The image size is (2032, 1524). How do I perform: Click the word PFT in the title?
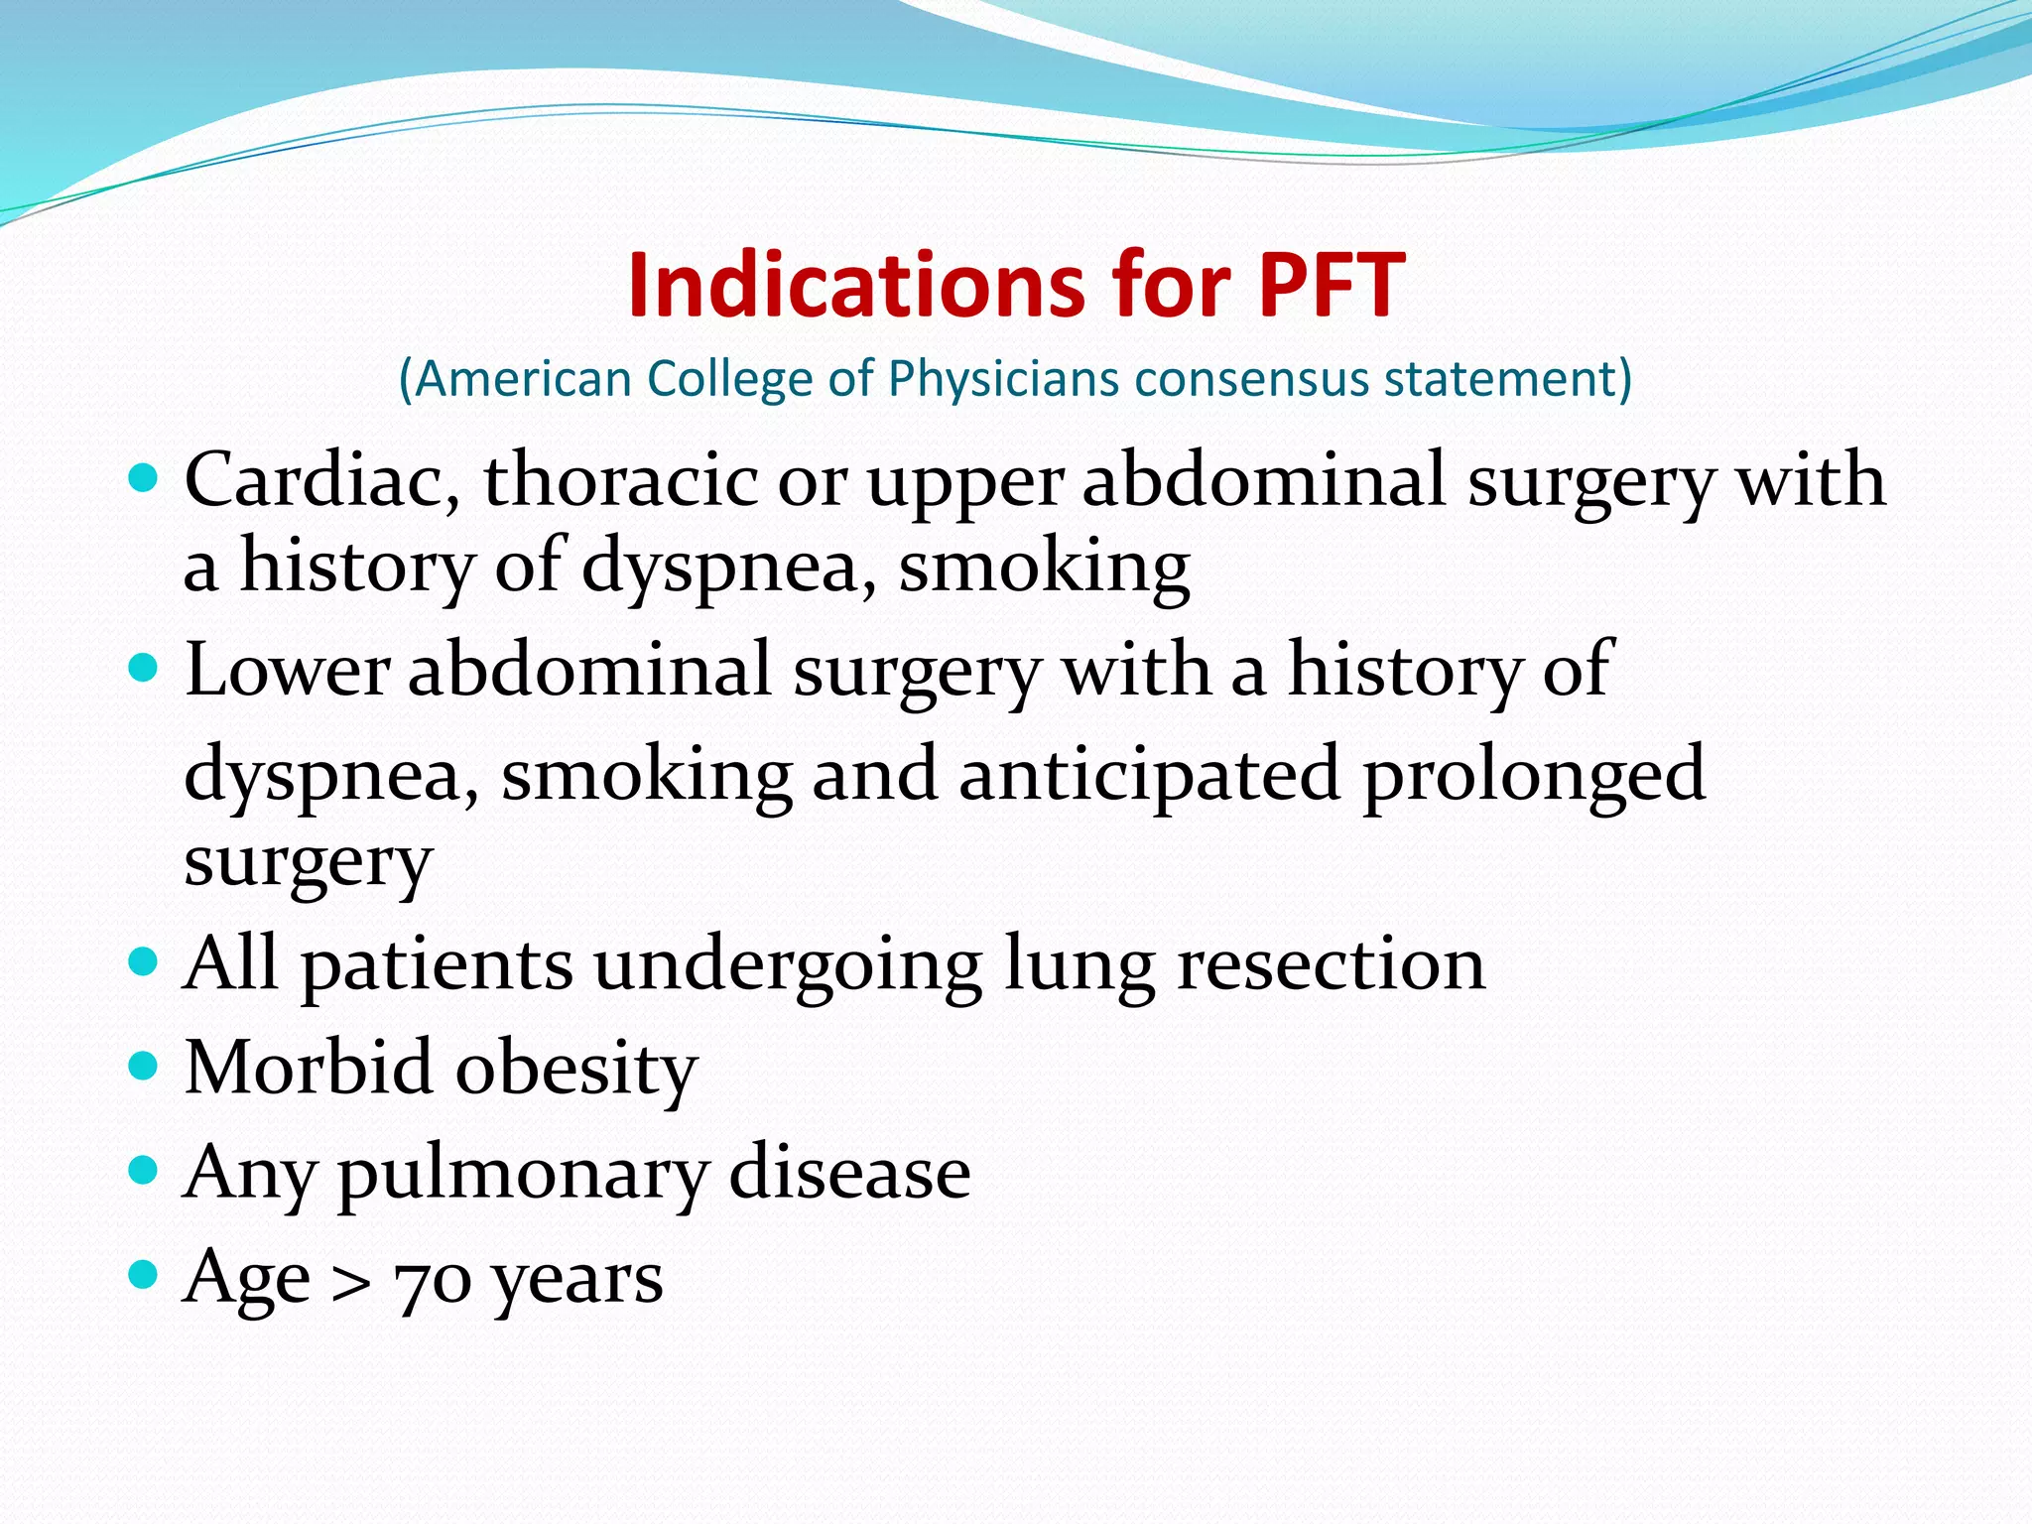1332,286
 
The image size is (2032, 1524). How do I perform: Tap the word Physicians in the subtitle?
1003,379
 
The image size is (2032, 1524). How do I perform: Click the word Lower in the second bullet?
287,670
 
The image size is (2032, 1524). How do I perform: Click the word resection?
1331,964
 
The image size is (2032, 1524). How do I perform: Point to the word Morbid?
309,1069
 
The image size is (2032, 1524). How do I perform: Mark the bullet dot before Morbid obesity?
144,1066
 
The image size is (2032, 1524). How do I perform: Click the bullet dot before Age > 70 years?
144,1274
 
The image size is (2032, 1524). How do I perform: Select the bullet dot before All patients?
144,960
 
